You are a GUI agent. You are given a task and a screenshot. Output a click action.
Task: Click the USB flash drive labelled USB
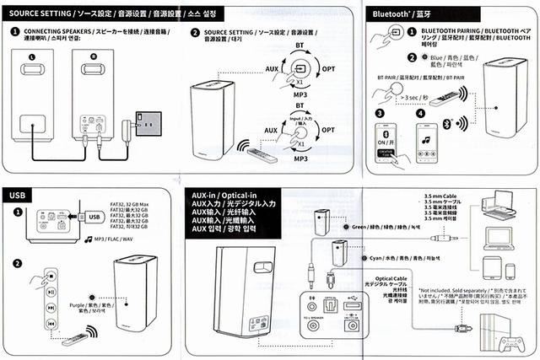[x=94, y=216]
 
